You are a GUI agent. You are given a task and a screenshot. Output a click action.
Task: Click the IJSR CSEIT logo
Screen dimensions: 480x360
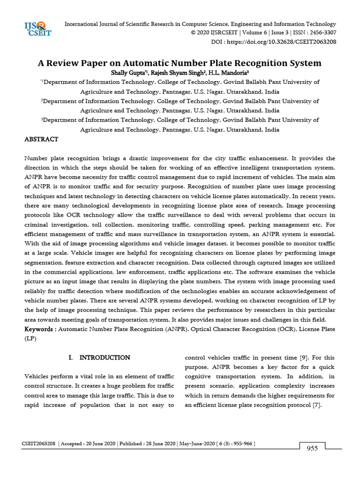pos(37,29)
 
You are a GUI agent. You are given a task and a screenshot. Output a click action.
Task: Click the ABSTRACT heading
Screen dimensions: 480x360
pos(41,139)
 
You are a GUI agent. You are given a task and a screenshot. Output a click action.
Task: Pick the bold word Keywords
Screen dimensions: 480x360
pos(40,329)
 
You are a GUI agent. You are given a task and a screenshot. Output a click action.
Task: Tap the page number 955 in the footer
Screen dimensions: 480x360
pos(312,449)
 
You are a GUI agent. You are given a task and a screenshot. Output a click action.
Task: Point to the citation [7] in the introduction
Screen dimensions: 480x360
pos(316,405)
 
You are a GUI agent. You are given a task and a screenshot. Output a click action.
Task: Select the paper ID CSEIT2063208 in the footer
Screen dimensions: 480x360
pos(39,443)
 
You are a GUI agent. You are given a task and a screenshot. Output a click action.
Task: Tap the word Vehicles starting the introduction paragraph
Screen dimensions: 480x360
pos(37,376)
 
